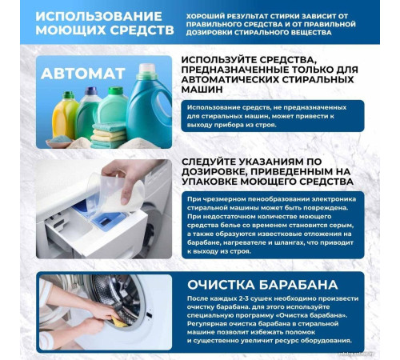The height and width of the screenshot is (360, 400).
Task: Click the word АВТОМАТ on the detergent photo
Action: tap(83, 74)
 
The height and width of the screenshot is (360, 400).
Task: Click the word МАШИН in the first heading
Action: tap(206, 91)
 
